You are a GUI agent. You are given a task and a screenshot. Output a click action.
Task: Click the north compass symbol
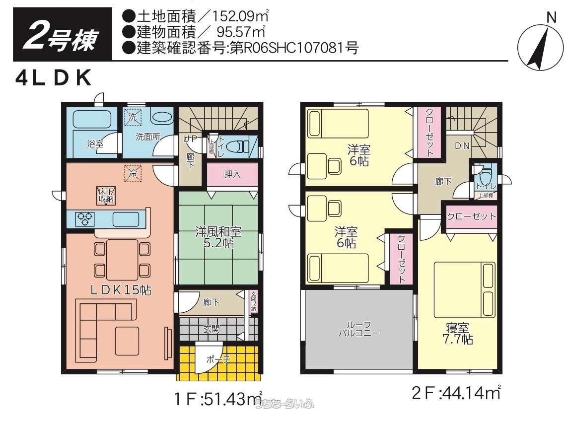(x=539, y=48)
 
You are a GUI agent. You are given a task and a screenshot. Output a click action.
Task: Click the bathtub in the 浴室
(x=92, y=120)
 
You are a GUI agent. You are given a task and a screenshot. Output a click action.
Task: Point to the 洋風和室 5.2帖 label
(x=218, y=237)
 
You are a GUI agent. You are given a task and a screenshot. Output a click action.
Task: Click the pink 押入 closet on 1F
(x=232, y=174)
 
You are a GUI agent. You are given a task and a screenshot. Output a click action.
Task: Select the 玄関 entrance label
(x=212, y=329)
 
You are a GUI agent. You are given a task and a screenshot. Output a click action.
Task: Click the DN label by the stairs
(x=462, y=145)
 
